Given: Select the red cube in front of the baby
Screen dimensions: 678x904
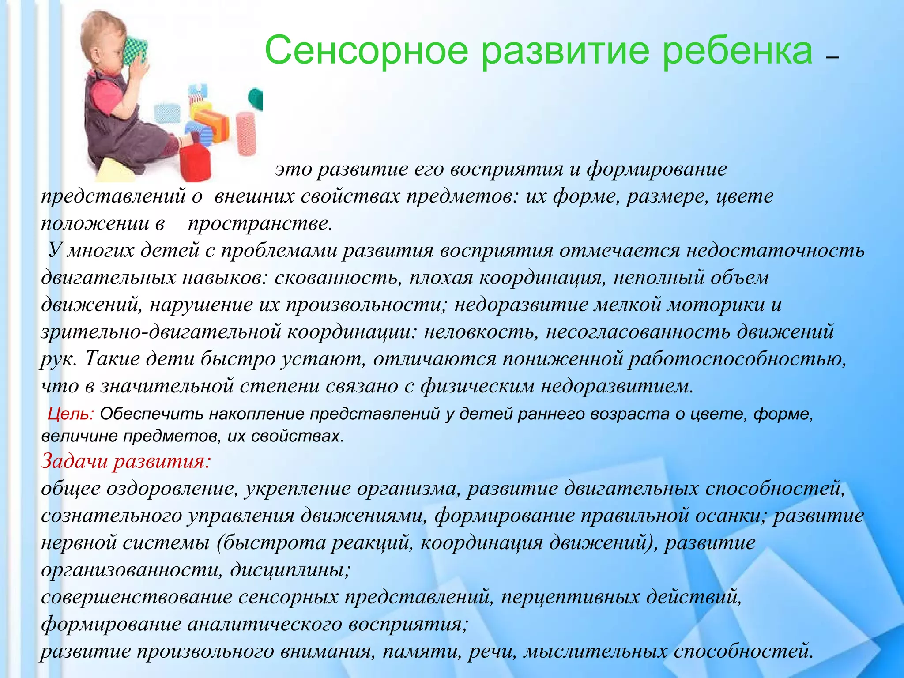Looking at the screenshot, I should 195,162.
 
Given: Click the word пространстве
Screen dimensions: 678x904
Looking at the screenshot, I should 260,224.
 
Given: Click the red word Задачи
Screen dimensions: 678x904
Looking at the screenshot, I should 75,462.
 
